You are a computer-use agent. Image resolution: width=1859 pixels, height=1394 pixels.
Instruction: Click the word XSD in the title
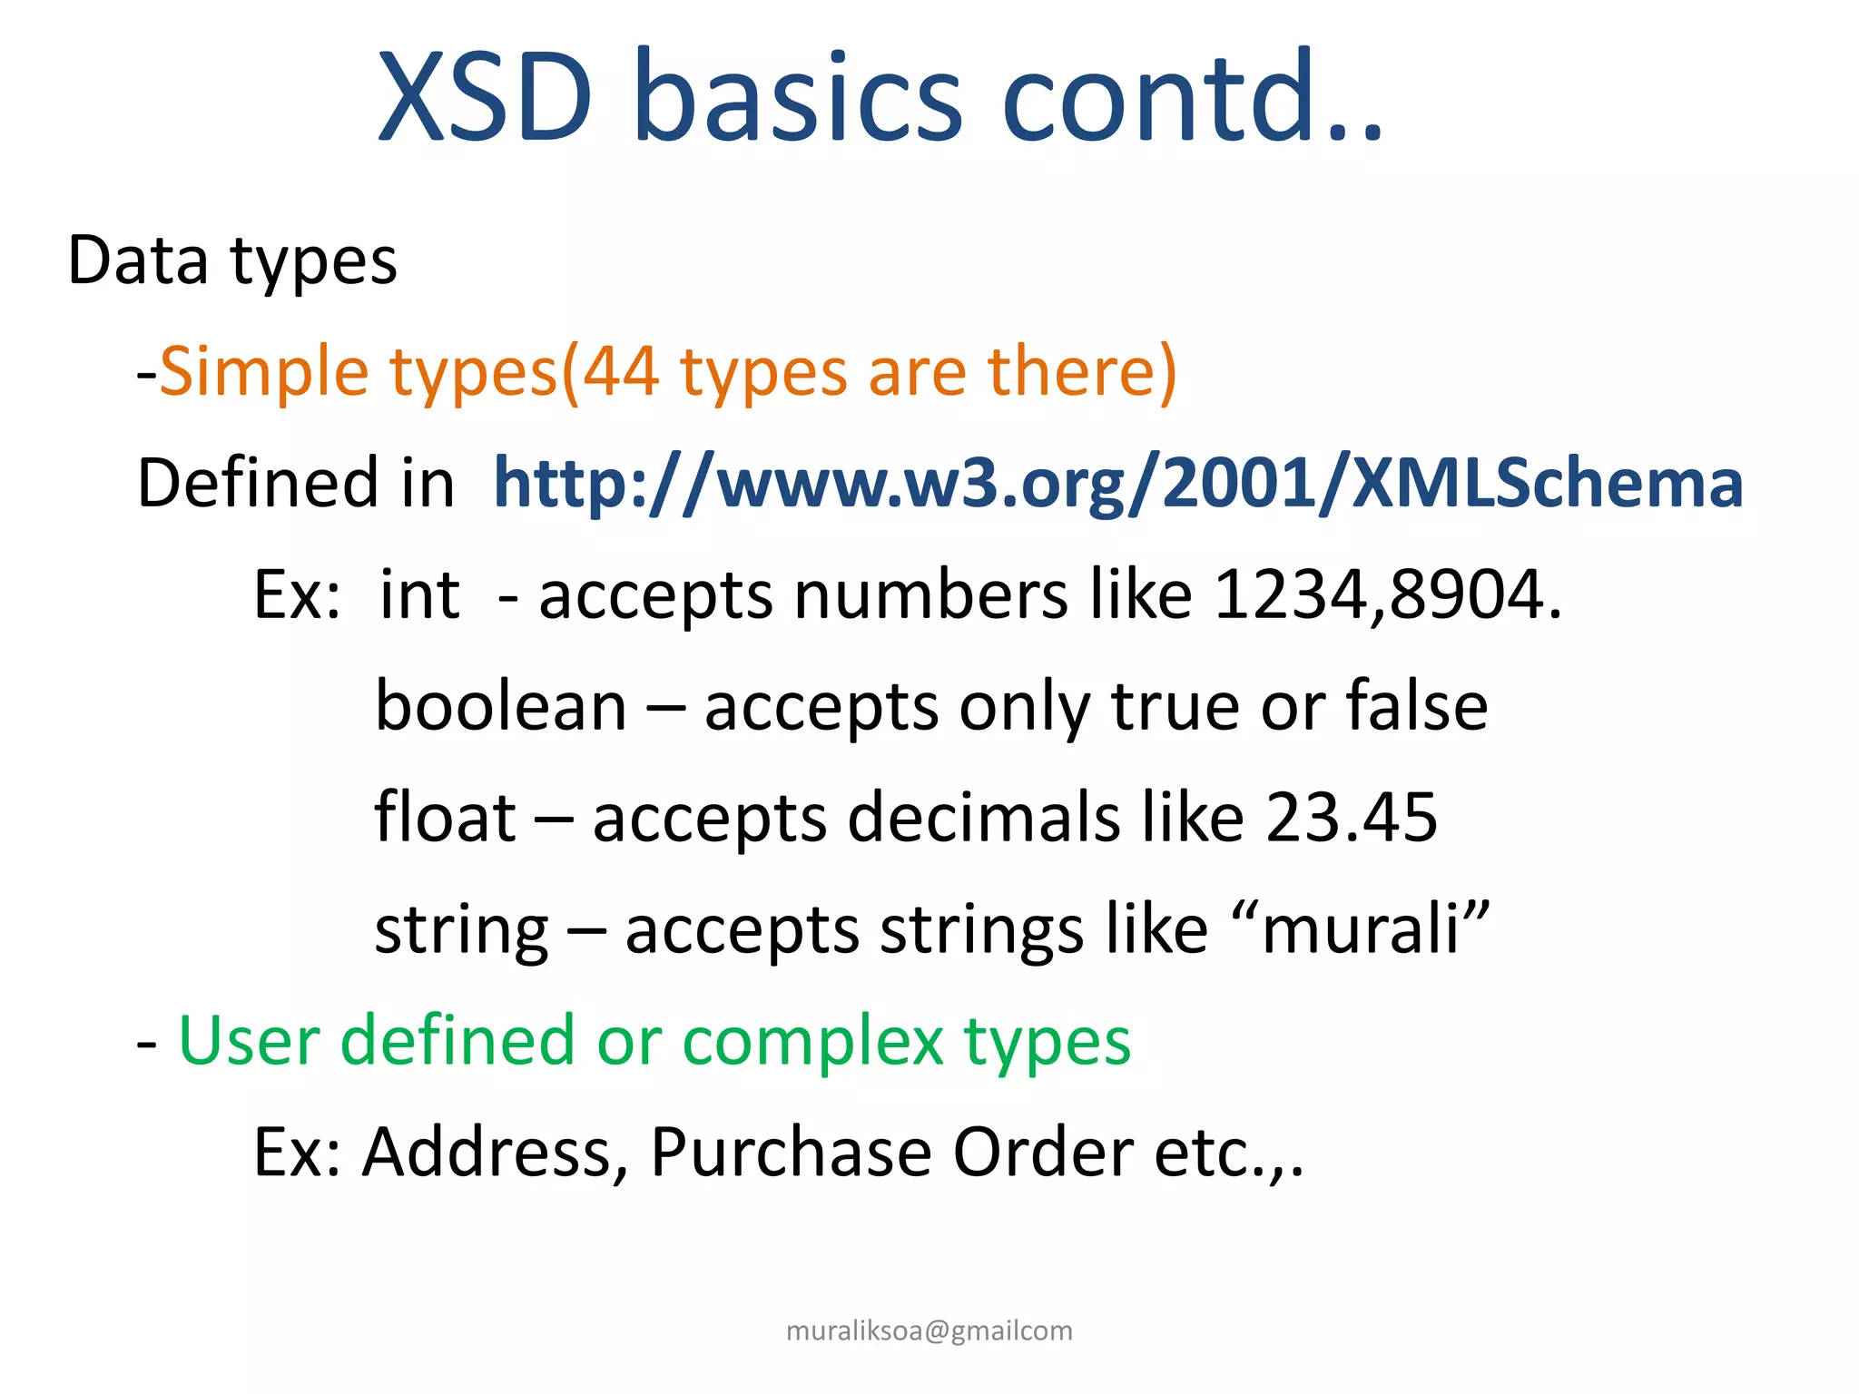pyautogui.click(x=486, y=97)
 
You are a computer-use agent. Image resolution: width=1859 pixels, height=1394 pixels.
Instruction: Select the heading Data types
pyautogui.click(x=232, y=261)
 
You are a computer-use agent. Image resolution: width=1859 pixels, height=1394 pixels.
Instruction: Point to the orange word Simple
pyautogui.click(x=264, y=373)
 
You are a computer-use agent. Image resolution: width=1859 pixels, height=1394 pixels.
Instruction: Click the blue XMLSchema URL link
pyautogui.click(x=1117, y=483)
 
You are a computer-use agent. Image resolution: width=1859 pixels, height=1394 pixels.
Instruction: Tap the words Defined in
pyautogui.click(x=295, y=483)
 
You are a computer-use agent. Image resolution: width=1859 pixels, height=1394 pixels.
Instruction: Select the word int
pyautogui.click(x=419, y=594)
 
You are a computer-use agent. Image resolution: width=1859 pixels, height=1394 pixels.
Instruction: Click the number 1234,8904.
pyautogui.click(x=1386, y=594)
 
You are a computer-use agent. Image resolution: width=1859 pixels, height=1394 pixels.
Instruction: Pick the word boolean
pyautogui.click(x=501, y=706)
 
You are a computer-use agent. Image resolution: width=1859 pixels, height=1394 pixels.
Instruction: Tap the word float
pyautogui.click(x=445, y=817)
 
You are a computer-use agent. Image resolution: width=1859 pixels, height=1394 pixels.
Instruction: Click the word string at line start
pyautogui.click(x=461, y=930)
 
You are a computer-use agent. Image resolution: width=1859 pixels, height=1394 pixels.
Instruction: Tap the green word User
pyautogui.click(x=250, y=1040)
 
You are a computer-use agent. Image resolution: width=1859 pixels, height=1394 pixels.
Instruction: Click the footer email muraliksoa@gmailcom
pyautogui.click(x=929, y=1330)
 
